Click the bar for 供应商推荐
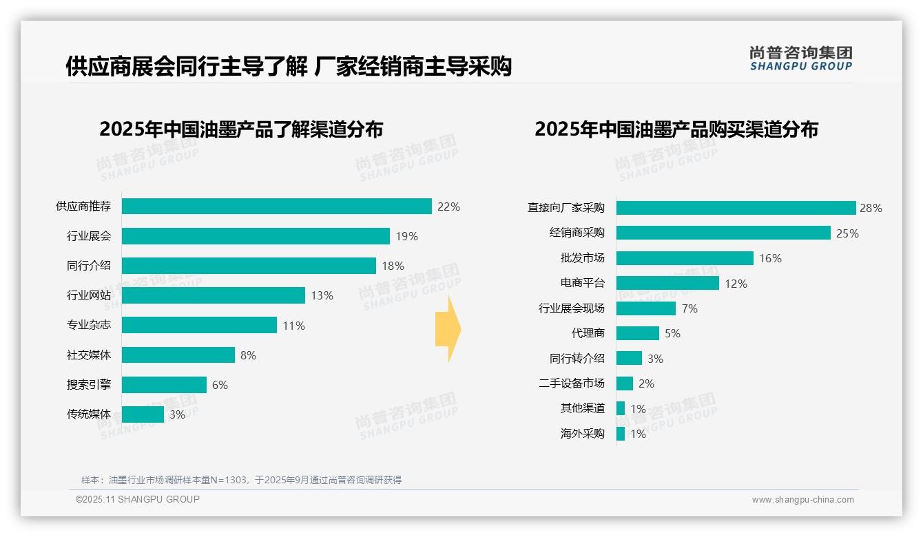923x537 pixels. tap(277, 207)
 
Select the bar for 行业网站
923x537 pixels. tap(214, 295)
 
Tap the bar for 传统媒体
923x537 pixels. tap(143, 414)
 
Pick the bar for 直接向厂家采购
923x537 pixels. tap(736, 208)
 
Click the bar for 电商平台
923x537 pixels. tap(667, 283)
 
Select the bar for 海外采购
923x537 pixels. tap(621, 434)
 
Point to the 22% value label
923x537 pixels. tap(448, 207)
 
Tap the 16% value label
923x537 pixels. tap(770, 258)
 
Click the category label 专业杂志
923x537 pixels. tap(89, 326)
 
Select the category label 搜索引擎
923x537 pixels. tap(89, 385)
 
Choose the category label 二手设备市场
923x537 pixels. tap(572, 383)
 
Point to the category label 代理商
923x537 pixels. tap(588, 333)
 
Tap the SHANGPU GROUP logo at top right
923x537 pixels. tap(800, 59)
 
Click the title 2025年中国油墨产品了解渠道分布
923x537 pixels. tap(241, 129)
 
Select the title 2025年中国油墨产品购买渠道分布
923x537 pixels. tap(676, 129)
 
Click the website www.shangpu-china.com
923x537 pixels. tap(802, 500)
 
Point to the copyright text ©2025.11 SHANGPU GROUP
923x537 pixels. tap(138, 499)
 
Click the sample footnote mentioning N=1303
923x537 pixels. tap(241, 480)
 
